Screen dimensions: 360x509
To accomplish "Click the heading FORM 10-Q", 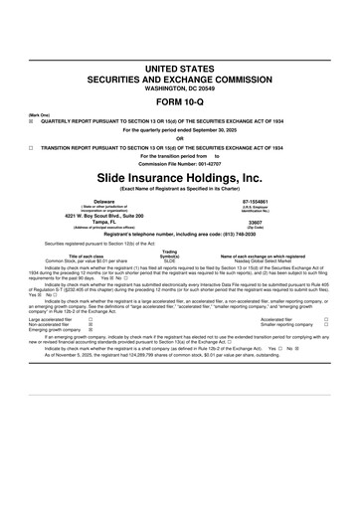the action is pos(180,101).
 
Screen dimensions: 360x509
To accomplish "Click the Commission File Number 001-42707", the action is pos(180,162).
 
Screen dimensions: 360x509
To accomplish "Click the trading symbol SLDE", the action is pos(169,260).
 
